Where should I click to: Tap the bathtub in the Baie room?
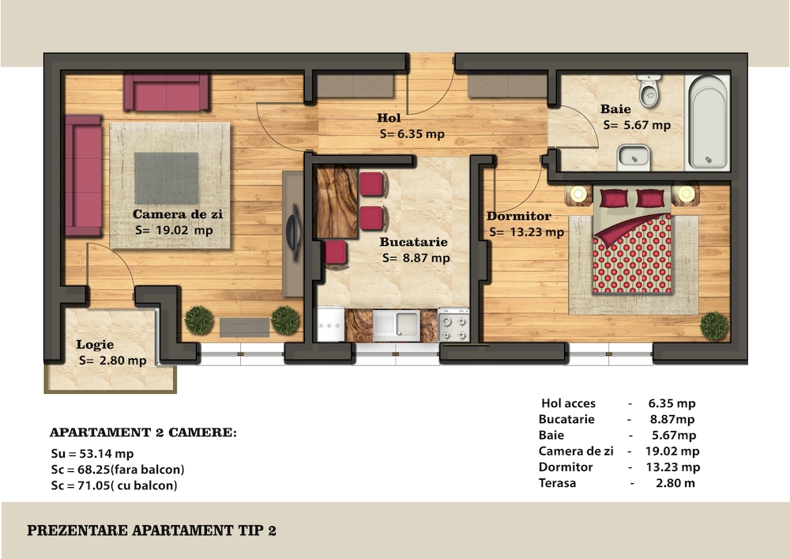[x=707, y=122]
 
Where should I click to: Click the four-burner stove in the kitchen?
[x=453, y=325]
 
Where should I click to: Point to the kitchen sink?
[x=396, y=324]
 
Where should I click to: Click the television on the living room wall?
[x=293, y=232]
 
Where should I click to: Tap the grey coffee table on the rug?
[x=166, y=179]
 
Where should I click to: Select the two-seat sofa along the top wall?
[x=166, y=93]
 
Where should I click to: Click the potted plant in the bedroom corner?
[x=714, y=326]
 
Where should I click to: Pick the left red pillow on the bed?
[x=614, y=198]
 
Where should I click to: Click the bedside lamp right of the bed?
[x=686, y=194]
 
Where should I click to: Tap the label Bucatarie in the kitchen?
[x=414, y=242]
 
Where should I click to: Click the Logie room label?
[x=95, y=345]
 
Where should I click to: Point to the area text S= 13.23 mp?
[x=526, y=232]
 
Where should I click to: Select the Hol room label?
[x=389, y=118]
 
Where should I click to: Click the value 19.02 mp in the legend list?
[x=672, y=451]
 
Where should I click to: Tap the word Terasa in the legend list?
[x=557, y=483]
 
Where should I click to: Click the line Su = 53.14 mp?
[x=92, y=454]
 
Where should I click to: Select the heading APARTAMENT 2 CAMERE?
[x=143, y=432]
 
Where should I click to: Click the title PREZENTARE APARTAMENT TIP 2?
[x=152, y=531]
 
